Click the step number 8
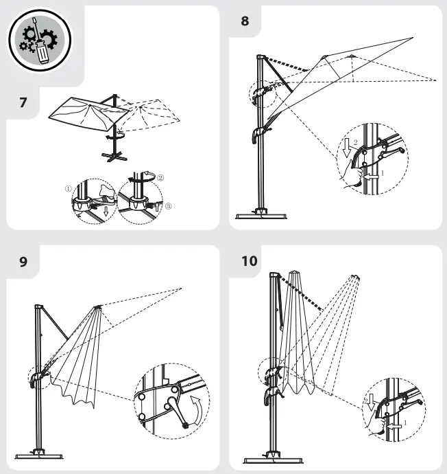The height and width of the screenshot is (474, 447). click(x=245, y=21)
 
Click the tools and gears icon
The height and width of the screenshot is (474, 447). click(x=40, y=39)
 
